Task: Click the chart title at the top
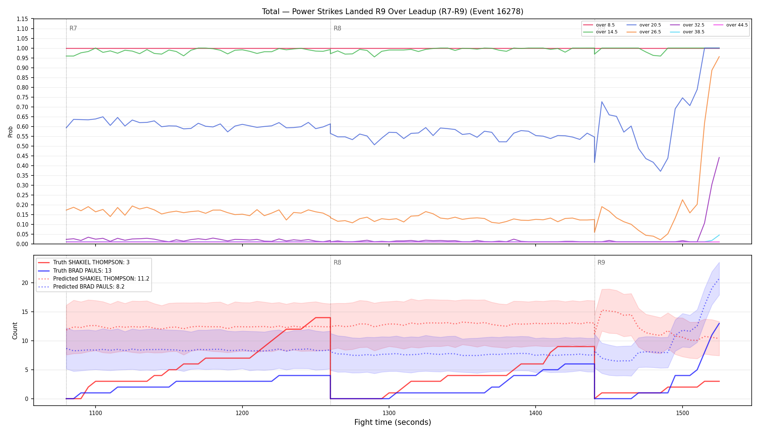pyautogui.click(x=393, y=12)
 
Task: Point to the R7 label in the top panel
pyautogui.click(x=73, y=28)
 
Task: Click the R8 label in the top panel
pyautogui.click(x=337, y=28)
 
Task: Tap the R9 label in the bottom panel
pyautogui.click(x=601, y=262)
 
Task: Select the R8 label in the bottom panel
pyautogui.click(x=337, y=262)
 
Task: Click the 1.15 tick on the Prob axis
pyautogui.click(x=22, y=19)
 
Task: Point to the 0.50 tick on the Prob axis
pyautogui.click(x=22, y=146)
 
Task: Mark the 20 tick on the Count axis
pyautogui.click(x=25, y=283)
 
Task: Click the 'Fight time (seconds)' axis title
pyautogui.click(x=393, y=422)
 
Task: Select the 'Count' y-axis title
pyautogui.click(x=15, y=331)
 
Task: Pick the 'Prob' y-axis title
pyautogui.click(x=10, y=132)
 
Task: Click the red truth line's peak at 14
pyautogui.click(x=323, y=318)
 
